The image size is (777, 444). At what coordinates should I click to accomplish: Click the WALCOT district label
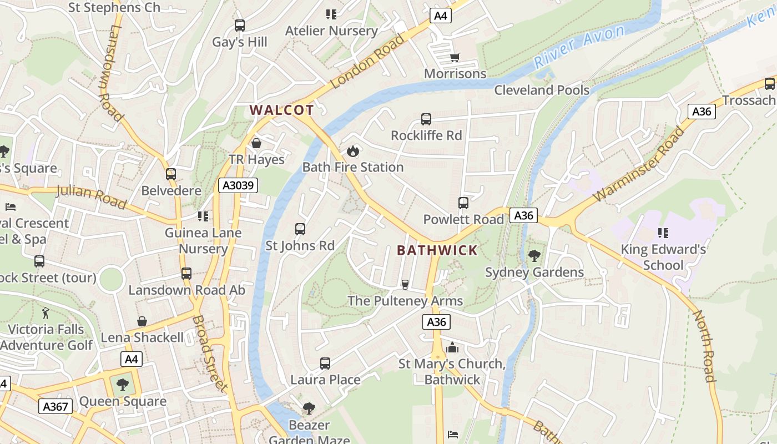(282, 110)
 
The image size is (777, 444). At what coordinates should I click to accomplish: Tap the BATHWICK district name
(437, 250)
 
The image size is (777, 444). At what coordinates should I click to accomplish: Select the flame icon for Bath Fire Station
(352, 150)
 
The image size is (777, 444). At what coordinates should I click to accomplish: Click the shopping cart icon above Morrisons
(455, 57)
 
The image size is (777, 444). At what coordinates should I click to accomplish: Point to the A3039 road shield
(238, 185)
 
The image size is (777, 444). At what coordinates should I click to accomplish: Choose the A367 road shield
(56, 407)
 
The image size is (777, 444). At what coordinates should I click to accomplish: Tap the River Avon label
(579, 47)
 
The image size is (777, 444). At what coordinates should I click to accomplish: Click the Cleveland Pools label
(542, 90)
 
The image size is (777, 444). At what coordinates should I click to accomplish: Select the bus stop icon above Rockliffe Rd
(426, 119)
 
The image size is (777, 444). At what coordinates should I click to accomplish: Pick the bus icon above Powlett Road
(463, 203)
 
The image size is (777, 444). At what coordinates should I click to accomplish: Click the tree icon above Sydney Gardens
(534, 256)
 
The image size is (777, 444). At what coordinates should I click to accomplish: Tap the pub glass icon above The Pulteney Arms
(405, 285)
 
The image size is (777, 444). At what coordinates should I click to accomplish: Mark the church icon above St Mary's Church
(452, 348)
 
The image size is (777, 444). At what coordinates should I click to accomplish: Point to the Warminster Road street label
(639, 164)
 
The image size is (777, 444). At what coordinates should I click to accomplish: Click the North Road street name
(704, 346)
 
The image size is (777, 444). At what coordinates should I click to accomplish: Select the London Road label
(367, 61)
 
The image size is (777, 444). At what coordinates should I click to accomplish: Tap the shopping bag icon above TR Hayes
(256, 143)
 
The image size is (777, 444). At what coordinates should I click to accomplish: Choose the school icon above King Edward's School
(663, 233)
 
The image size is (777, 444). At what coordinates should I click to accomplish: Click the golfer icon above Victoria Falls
(46, 313)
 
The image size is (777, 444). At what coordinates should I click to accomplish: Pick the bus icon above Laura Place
(325, 364)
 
